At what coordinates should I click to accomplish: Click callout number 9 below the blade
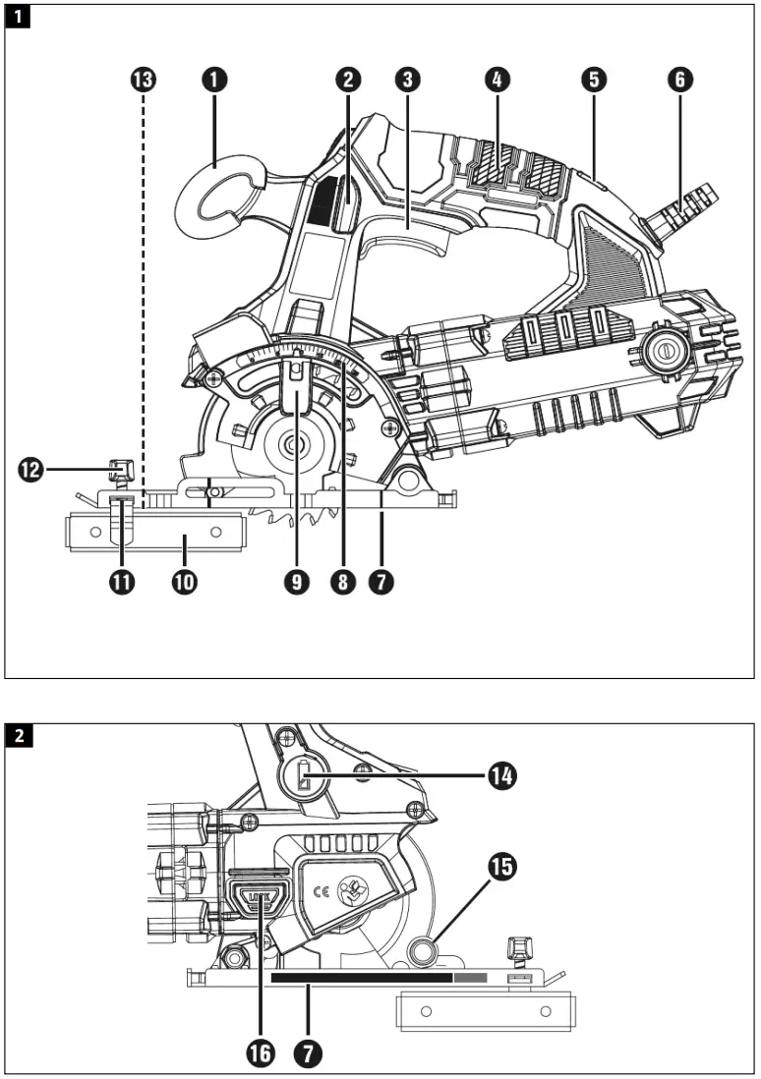(x=296, y=582)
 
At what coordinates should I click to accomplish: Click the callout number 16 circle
(x=261, y=1053)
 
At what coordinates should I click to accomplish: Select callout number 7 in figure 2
(x=309, y=1053)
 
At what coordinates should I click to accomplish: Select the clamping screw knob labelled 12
(x=121, y=469)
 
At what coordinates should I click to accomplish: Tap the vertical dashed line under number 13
(x=144, y=295)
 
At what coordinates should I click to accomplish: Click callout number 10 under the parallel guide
(x=184, y=582)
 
